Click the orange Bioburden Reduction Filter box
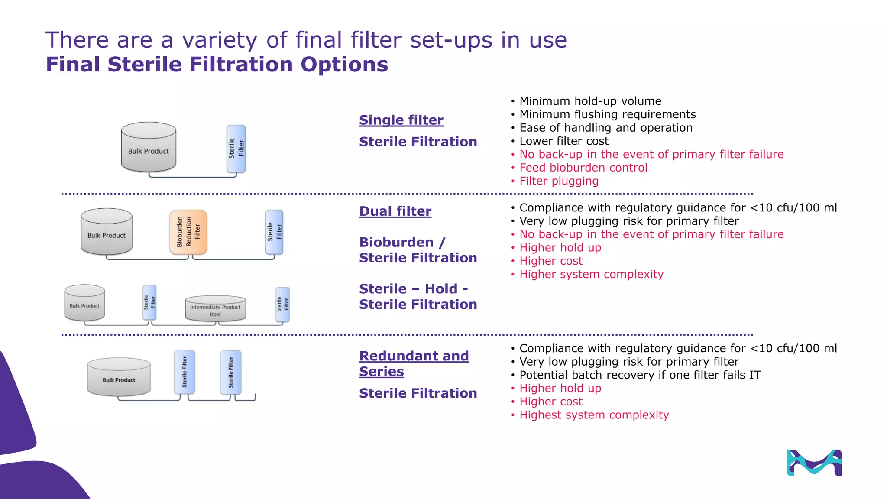click(188, 232)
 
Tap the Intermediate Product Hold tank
click(215, 309)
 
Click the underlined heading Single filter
click(401, 120)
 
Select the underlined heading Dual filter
click(395, 211)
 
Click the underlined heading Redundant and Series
click(414, 363)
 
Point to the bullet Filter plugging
click(559, 181)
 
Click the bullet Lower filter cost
click(563, 141)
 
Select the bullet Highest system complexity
click(594, 415)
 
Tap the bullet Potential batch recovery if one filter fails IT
click(640, 375)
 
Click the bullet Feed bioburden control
click(583, 168)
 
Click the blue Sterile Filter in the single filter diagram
click(236, 149)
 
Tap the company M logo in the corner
click(814, 463)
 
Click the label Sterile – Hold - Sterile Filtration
click(418, 297)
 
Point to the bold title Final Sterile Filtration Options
click(217, 65)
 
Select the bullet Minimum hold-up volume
click(590, 101)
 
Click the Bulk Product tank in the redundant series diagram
click(119, 377)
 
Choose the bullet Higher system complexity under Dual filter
click(591, 275)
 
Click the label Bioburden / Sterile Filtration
click(418, 250)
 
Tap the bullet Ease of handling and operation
click(605, 128)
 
